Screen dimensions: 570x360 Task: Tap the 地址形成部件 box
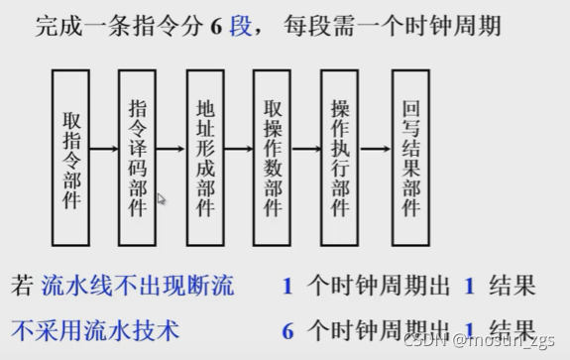coord(206,158)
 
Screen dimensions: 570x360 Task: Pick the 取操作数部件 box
coord(273,158)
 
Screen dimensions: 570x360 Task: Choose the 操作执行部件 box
coord(340,158)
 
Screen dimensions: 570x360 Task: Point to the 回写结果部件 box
coord(410,158)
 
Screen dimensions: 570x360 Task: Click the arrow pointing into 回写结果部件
coord(375,151)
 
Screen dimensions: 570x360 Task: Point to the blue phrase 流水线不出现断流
coord(138,288)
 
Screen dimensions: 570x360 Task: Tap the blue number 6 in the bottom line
coord(287,328)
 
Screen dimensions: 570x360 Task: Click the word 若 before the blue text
coord(22,288)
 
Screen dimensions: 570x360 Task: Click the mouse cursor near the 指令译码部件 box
coord(162,199)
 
